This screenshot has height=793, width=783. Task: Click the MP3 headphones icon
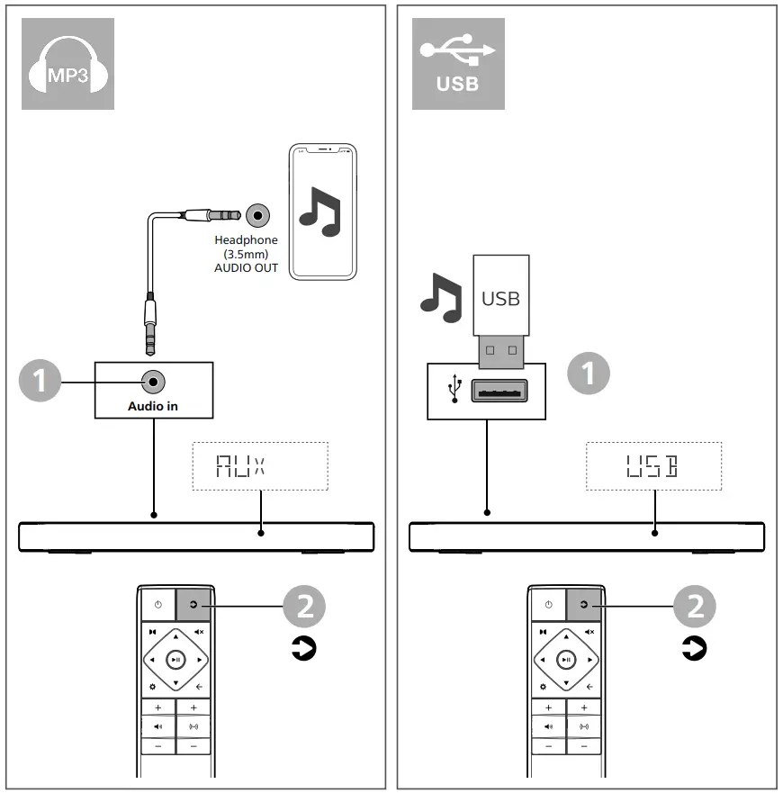pyautogui.click(x=68, y=64)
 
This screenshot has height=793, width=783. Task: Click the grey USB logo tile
pyautogui.click(x=458, y=64)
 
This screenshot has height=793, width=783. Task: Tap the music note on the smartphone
pyautogui.click(x=320, y=212)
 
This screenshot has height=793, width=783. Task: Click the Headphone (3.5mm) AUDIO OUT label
pyautogui.click(x=246, y=255)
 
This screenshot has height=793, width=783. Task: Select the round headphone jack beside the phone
pyautogui.click(x=259, y=215)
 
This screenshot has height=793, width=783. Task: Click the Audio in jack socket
pyautogui.click(x=154, y=382)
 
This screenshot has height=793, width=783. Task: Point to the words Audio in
pyautogui.click(x=153, y=406)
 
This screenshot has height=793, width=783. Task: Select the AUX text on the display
pyautogui.click(x=240, y=465)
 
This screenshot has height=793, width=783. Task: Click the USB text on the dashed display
pyautogui.click(x=652, y=465)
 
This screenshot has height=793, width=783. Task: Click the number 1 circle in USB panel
pyautogui.click(x=589, y=372)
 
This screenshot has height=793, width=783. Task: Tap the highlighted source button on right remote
pyautogui.click(x=583, y=605)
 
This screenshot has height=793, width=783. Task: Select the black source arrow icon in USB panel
pyautogui.click(x=693, y=647)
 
